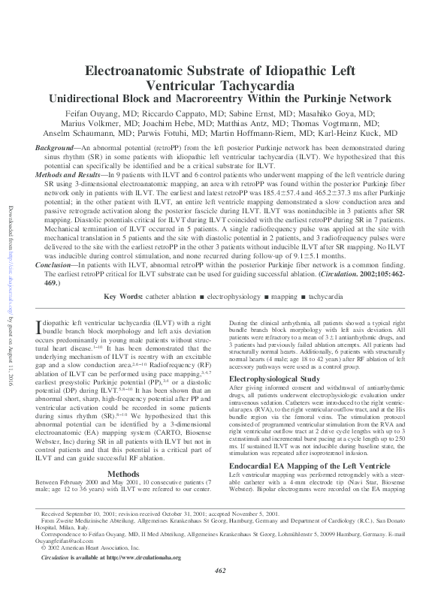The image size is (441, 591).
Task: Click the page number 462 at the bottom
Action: pyautogui.click(x=220, y=573)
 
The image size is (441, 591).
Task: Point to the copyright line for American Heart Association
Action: pyautogui.click(x=90, y=549)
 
